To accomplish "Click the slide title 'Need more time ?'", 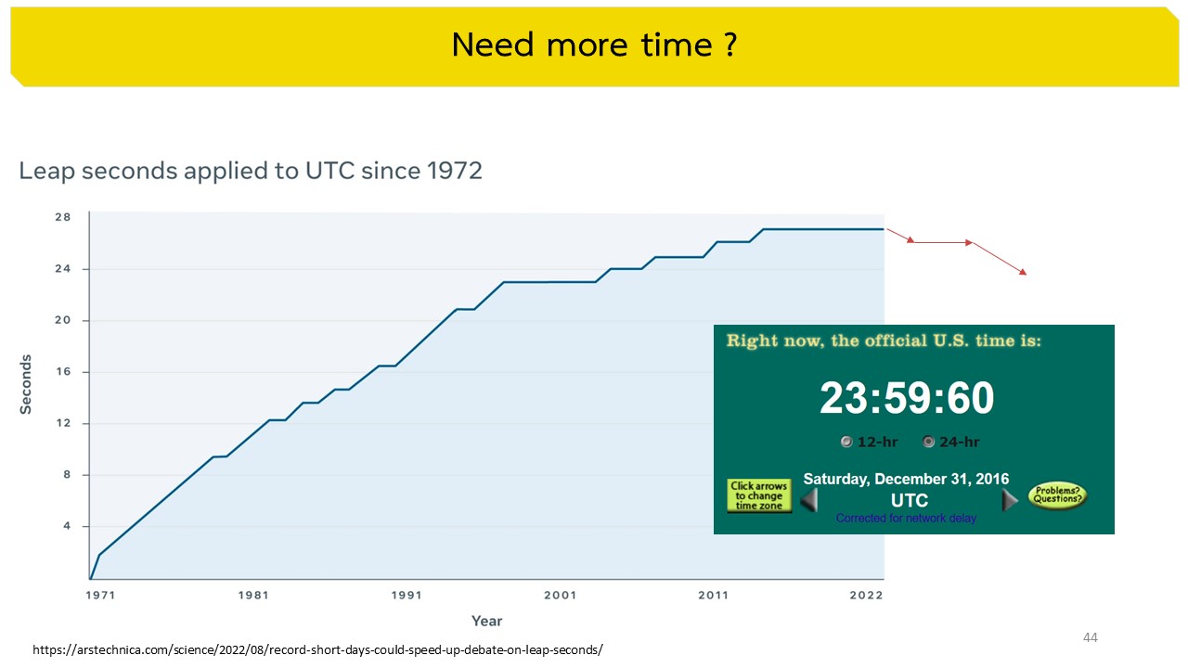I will tap(594, 45).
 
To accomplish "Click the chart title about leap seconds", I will tap(251, 171).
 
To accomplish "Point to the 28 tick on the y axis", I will tap(63, 217).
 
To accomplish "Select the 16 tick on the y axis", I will tap(63, 372).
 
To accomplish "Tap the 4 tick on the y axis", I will tap(67, 526).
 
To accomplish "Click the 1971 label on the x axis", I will tap(100, 595).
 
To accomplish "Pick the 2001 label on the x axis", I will tap(561, 595).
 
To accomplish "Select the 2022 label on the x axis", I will tap(866, 595).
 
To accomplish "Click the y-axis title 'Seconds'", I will tap(26, 384).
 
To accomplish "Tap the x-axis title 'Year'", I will tap(486, 621).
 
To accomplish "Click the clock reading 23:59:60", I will tap(907, 398).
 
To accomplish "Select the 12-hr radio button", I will tap(846, 443).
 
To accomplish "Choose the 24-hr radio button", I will tap(929, 443).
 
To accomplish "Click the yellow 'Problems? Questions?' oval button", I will tap(1056, 495).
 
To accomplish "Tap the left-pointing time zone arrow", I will tap(809, 500).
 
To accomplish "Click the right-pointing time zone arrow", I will tap(1010, 500).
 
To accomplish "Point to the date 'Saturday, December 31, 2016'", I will tap(906, 480).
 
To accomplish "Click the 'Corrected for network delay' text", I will tap(906, 519).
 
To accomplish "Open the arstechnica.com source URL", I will tap(317, 650).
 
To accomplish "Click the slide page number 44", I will tap(1091, 637).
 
